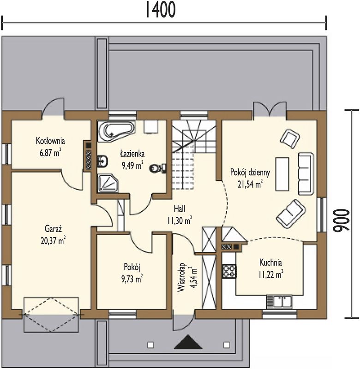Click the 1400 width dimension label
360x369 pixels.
click(161, 9)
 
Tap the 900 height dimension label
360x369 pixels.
click(342, 220)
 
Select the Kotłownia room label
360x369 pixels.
click(50, 141)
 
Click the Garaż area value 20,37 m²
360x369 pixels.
click(53, 241)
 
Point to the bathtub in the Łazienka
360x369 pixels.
click(116, 131)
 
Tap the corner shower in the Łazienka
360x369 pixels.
click(108, 183)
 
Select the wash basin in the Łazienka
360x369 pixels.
click(102, 161)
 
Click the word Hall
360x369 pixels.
click(180, 208)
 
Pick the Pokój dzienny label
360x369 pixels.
click(250, 173)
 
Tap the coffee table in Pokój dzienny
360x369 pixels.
click(282, 174)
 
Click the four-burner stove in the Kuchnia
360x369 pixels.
click(229, 271)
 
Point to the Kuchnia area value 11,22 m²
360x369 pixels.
click(271, 274)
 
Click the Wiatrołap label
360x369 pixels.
click(181, 277)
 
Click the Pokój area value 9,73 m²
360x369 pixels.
click(132, 279)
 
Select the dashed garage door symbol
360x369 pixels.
click(51, 315)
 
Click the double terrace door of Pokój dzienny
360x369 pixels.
click(270, 110)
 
